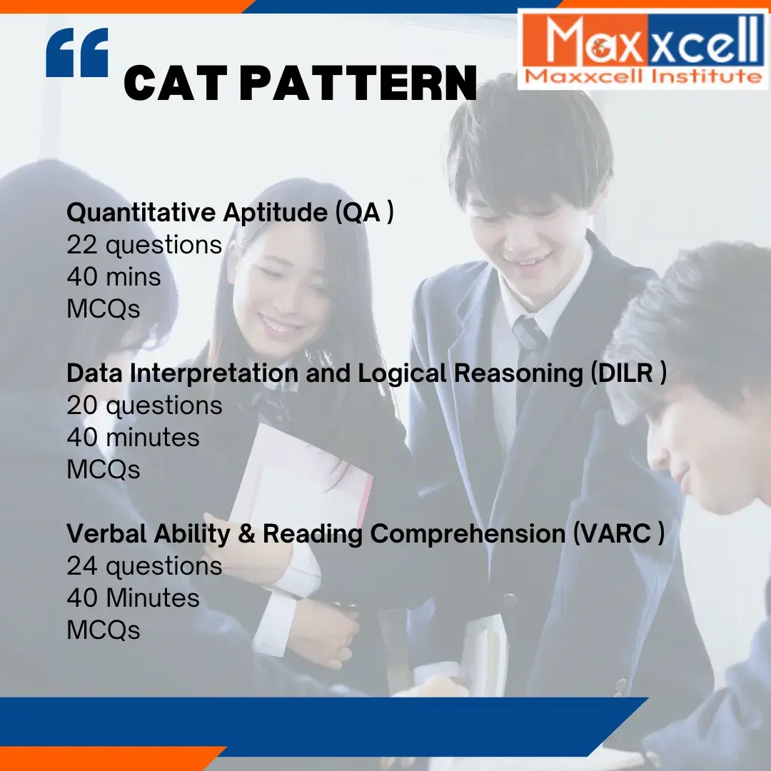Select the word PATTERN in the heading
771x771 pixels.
(x=358, y=84)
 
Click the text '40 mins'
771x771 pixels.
(x=114, y=277)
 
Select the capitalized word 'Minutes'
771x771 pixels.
(x=152, y=598)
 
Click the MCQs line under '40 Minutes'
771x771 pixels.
(x=103, y=630)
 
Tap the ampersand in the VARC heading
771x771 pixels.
(x=246, y=534)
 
